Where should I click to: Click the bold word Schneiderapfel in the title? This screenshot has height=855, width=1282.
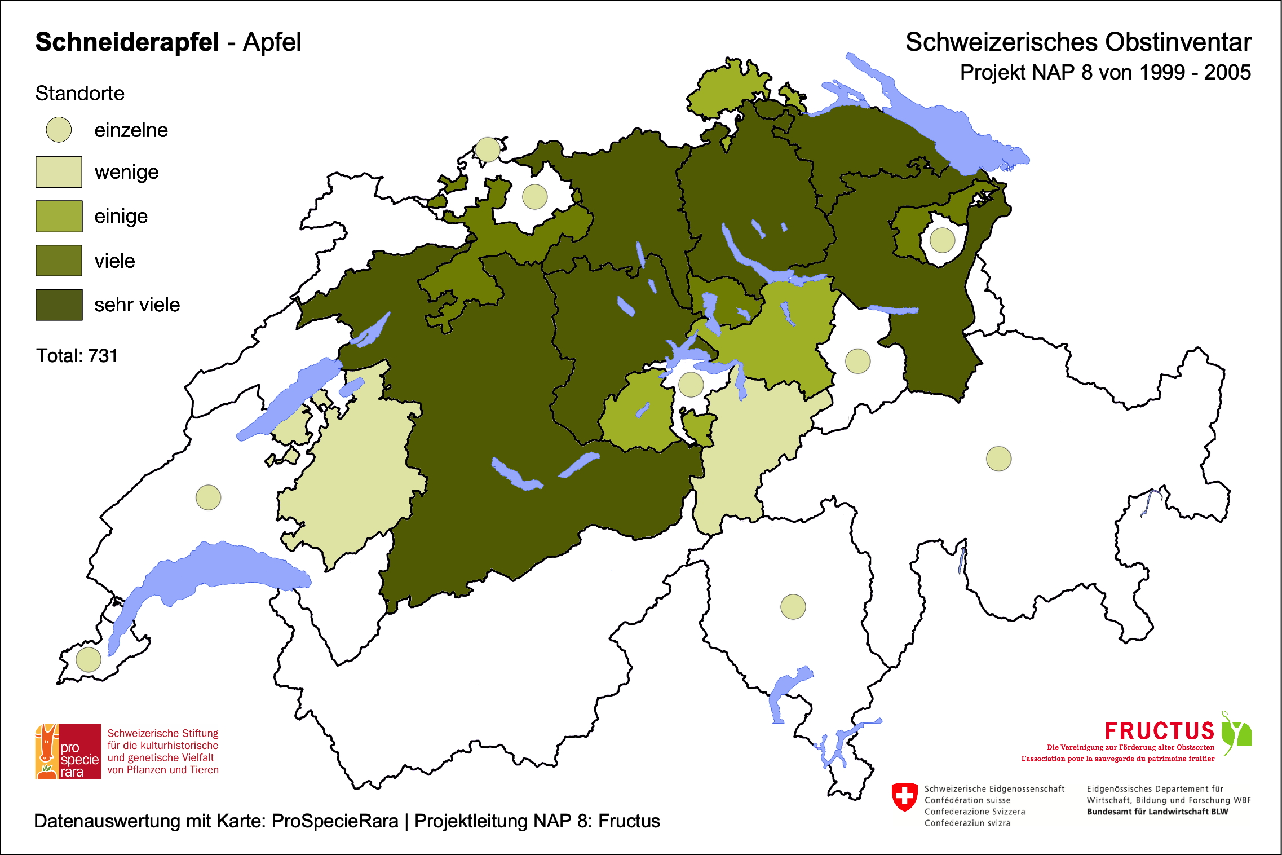pos(127,42)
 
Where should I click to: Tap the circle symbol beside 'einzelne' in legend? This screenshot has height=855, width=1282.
pos(59,130)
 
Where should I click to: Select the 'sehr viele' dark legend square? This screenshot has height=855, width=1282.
pos(59,305)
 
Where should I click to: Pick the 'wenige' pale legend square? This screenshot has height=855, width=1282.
pos(59,172)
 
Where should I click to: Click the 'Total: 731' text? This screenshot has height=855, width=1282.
pos(77,356)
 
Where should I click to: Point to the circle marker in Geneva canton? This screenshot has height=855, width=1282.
pos(89,659)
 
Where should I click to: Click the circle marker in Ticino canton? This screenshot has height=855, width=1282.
pos(793,607)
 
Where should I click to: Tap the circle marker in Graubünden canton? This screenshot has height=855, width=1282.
pos(998,459)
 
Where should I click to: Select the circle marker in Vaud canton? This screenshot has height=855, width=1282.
pos(208,497)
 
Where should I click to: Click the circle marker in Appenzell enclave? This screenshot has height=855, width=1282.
pos(942,240)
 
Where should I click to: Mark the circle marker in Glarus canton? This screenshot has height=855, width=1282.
pos(857,361)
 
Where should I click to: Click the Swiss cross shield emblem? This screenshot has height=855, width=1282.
pos(904,796)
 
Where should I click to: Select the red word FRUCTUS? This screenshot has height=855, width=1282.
pos(1159,731)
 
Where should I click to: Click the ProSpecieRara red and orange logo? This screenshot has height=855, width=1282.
pos(68,751)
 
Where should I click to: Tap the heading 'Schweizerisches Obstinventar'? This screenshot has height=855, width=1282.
pos(1078,42)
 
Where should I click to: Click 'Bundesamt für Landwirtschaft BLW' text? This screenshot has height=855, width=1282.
pos(1157,812)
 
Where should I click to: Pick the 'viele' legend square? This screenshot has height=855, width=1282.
pos(59,261)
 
